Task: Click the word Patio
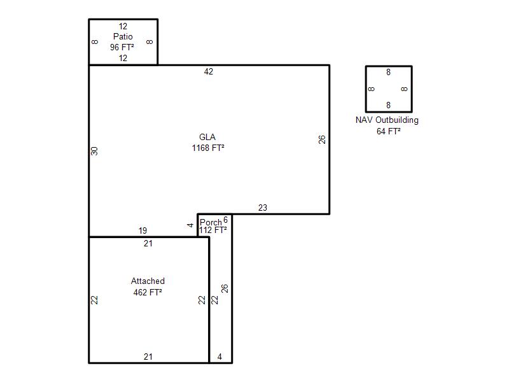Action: pyautogui.click(x=123, y=36)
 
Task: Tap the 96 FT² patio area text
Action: pyautogui.click(x=122, y=47)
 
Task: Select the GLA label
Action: pyautogui.click(x=207, y=137)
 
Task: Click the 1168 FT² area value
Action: pyautogui.click(x=208, y=148)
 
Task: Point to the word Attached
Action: pyautogui.click(x=148, y=281)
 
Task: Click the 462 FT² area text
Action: pyautogui.click(x=148, y=292)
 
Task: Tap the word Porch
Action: pyautogui.click(x=211, y=222)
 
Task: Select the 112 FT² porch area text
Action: pyautogui.click(x=213, y=230)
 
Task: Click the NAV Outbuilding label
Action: pyautogui.click(x=387, y=120)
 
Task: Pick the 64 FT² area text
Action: pyautogui.click(x=389, y=131)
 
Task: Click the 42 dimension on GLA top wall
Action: pyautogui.click(x=209, y=71)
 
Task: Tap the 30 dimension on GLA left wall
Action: pyautogui.click(x=94, y=151)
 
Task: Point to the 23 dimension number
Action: pyautogui.click(x=263, y=208)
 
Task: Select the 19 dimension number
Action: pyautogui.click(x=143, y=230)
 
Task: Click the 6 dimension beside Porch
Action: pyautogui.click(x=226, y=220)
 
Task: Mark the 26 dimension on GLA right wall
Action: pyautogui.click(x=322, y=139)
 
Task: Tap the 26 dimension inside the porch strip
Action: pyautogui.click(x=225, y=288)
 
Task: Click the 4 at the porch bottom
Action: pyautogui.click(x=220, y=357)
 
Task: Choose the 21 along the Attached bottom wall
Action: pyautogui.click(x=148, y=357)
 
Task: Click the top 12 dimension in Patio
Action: pyautogui.click(x=123, y=26)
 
